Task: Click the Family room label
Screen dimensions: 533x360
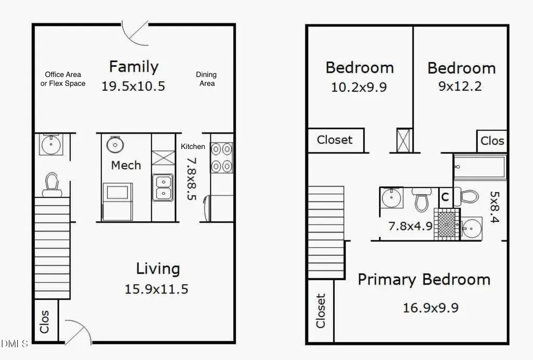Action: [x=134, y=67]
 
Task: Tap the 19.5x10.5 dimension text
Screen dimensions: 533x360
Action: [x=133, y=86]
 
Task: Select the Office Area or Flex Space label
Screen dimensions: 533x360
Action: [x=63, y=79]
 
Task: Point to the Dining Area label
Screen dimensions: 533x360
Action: [x=206, y=79]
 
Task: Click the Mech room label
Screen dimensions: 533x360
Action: [x=126, y=165]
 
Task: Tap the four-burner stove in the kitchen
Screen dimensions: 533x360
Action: [x=222, y=157]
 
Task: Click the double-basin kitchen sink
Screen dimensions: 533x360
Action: [x=163, y=188]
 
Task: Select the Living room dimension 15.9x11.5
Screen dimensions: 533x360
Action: [x=156, y=289]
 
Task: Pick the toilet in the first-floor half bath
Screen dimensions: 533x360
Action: [x=52, y=185]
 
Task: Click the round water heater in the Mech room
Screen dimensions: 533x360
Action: [x=115, y=145]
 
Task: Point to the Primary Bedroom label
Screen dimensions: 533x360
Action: [x=424, y=280]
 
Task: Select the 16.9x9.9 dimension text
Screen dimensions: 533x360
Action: [x=430, y=308]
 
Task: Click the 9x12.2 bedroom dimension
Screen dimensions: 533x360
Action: [x=460, y=86]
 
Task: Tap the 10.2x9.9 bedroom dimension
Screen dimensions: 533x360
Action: [x=359, y=87]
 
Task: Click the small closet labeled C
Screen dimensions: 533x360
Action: [x=445, y=197]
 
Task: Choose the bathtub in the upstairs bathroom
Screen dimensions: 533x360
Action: [x=479, y=167]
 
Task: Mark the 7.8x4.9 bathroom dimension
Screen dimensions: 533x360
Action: [x=410, y=226]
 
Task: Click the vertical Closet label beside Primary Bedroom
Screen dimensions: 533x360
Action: [x=321, y=311]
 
